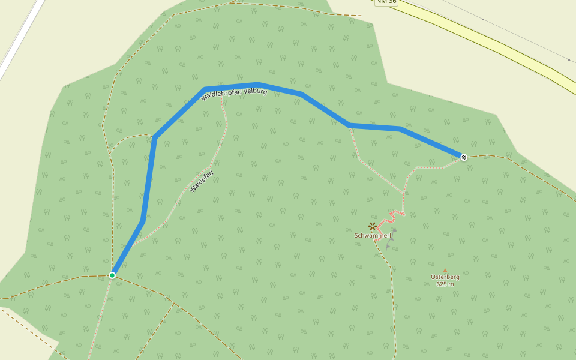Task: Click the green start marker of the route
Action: [x=112, y=275]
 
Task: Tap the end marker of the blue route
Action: [x=464, y=157]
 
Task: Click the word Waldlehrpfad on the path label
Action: [x=221, y=94]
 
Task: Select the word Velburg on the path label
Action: [x=255, y=90]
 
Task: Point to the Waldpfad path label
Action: [x=202, y=181]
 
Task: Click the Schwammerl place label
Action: [x=373, y=236]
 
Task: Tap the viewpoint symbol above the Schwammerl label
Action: [x=373, y=226]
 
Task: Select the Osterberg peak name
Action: [x=445, y=277]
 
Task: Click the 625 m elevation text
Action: [x=445, y=284]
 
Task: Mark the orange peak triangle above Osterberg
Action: [x=445, y=271]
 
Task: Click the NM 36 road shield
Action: [x=386, y=2]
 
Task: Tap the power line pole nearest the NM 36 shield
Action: [x=483, y=19]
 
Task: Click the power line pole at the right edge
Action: [x=569, y=59]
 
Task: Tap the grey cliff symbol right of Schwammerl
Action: [x=392, y=237]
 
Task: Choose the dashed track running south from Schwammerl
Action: [x=394, y=300]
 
